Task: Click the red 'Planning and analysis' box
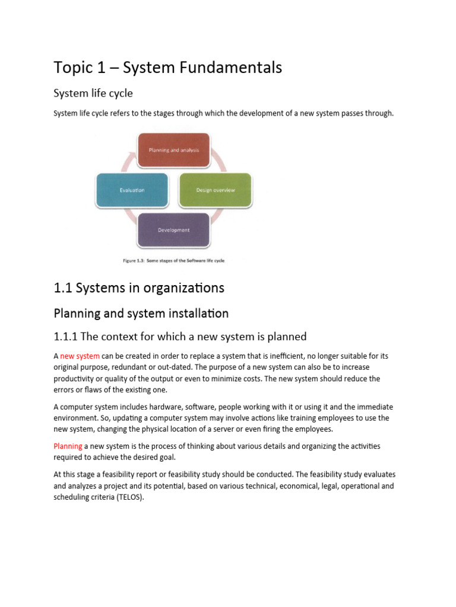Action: pos(173,150)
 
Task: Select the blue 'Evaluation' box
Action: pos(132,190)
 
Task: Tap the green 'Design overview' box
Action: pos(215,190)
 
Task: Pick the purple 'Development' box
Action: pos(173,230)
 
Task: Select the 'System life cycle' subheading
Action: pos(93,94)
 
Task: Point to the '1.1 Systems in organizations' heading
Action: pos(139,288)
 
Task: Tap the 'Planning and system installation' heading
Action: pos(141,313)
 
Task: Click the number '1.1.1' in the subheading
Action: pos(65,337)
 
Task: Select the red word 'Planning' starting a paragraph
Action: pos(68,446)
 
